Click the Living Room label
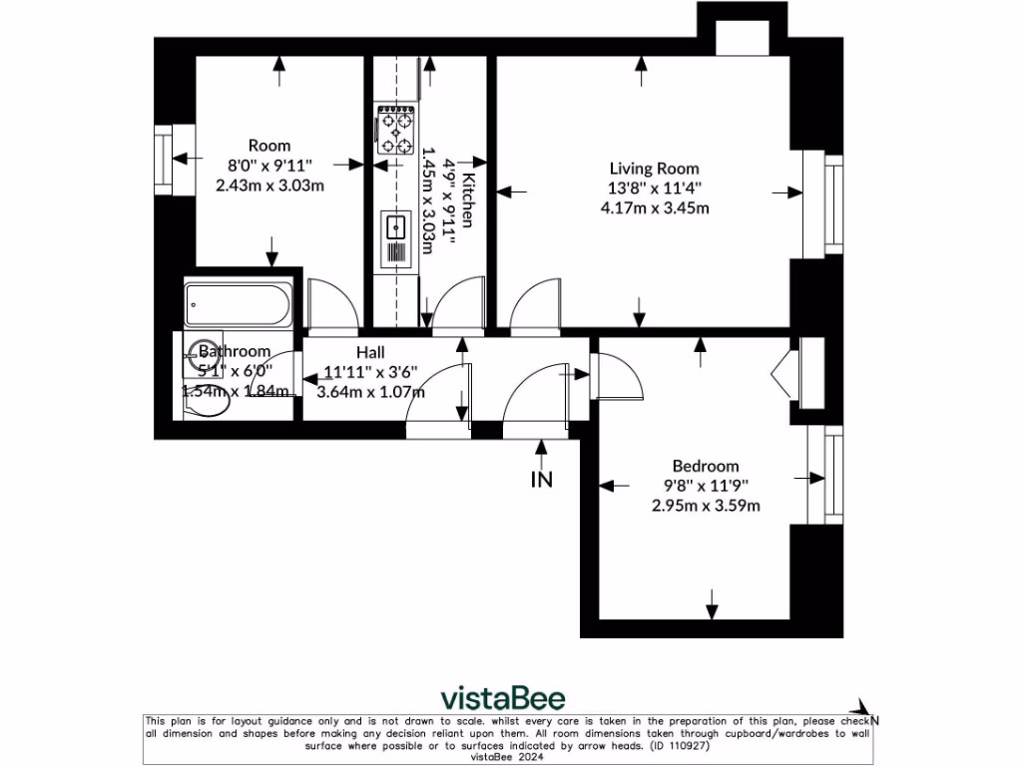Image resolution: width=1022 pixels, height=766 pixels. point(655,169)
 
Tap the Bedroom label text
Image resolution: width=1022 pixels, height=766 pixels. point(706,466)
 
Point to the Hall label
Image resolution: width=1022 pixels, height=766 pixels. point(370,352)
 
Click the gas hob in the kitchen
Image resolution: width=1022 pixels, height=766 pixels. point(395,131)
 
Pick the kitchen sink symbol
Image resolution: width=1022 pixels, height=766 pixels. point(395,227)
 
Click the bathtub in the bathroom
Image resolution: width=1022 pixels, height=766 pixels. point(239,306)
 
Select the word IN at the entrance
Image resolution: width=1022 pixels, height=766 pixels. point(541,480)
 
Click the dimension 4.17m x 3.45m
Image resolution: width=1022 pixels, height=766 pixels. point(655,208)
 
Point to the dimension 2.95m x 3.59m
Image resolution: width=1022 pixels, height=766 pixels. point(706,505)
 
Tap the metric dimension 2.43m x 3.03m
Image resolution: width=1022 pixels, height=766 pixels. point(269,185)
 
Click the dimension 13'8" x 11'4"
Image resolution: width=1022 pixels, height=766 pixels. point(655,189)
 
